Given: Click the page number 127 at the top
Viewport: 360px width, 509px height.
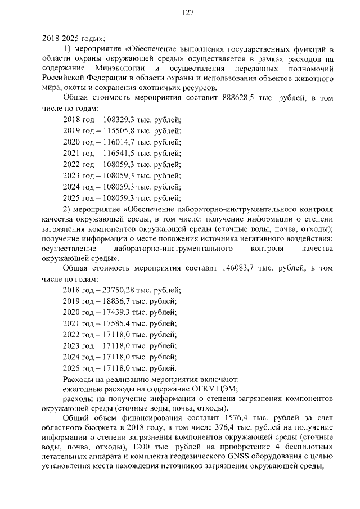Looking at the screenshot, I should [x=188, y=15].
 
